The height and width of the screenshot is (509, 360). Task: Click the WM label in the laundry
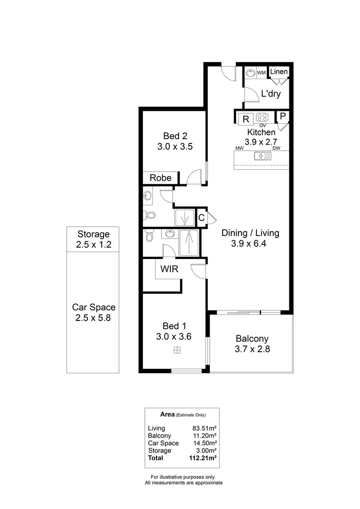262,72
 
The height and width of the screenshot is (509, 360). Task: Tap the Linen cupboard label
279,71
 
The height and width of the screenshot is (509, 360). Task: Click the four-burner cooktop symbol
262,118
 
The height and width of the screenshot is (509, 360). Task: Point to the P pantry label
283,116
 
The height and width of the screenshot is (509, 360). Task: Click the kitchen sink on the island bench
262,155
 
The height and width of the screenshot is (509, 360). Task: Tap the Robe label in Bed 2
160,178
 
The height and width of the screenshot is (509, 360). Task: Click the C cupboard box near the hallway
202,218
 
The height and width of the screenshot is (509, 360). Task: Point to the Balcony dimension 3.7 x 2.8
252,349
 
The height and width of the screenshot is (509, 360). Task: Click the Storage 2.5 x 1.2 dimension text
94,245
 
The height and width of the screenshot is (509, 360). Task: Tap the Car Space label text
94,307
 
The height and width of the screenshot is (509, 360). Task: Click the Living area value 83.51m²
204,428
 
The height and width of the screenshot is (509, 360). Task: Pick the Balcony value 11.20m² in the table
204,436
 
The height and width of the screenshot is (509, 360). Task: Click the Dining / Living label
250,233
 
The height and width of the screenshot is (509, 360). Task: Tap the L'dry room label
271,94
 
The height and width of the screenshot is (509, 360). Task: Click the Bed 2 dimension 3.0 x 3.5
175,147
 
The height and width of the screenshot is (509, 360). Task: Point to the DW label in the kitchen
276,148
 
